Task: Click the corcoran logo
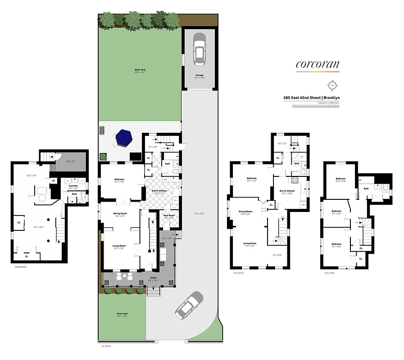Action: click(317, 64)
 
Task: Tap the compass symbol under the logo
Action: click(333, 84)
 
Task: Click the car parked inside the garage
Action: click(199, 49)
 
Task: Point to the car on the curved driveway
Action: click(189, 305)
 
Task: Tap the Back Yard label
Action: click(140, 70)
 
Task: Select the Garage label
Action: click(199, 75)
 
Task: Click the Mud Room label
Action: click(168, 215)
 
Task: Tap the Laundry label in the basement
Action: click(73, 185)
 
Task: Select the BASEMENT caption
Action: click(21, 267)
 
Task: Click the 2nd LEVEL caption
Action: click(238, 273)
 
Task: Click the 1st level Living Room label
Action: click(119, 245)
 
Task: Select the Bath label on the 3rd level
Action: click(366, 189)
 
